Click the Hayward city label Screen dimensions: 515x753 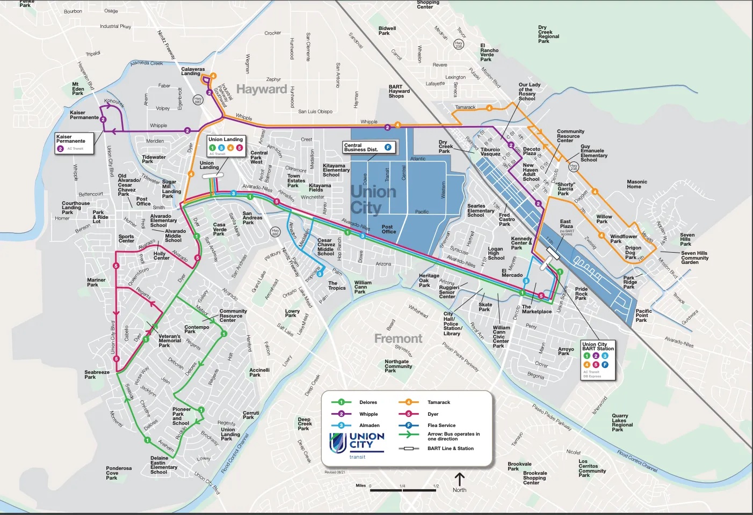coord(262,89)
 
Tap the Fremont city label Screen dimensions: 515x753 coord(398,339)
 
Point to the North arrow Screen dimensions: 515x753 coord(459,482)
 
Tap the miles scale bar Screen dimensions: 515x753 coord(403,489)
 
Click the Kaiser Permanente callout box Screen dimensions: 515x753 coord(75,143)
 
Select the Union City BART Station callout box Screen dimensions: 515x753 coord(598,360)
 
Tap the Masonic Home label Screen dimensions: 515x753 coord(637,184)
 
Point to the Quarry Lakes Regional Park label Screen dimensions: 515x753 coord(622,423)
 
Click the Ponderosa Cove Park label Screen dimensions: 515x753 coord(118,473)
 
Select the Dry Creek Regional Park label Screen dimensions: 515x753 coord(548,34)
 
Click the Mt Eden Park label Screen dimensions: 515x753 coord(78,89)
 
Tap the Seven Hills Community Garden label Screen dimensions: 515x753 coord(694,257)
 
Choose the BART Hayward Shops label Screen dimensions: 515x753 coord(399,91)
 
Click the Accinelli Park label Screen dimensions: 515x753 coord(259,372)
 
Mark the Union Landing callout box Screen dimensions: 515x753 coord(226,145)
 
